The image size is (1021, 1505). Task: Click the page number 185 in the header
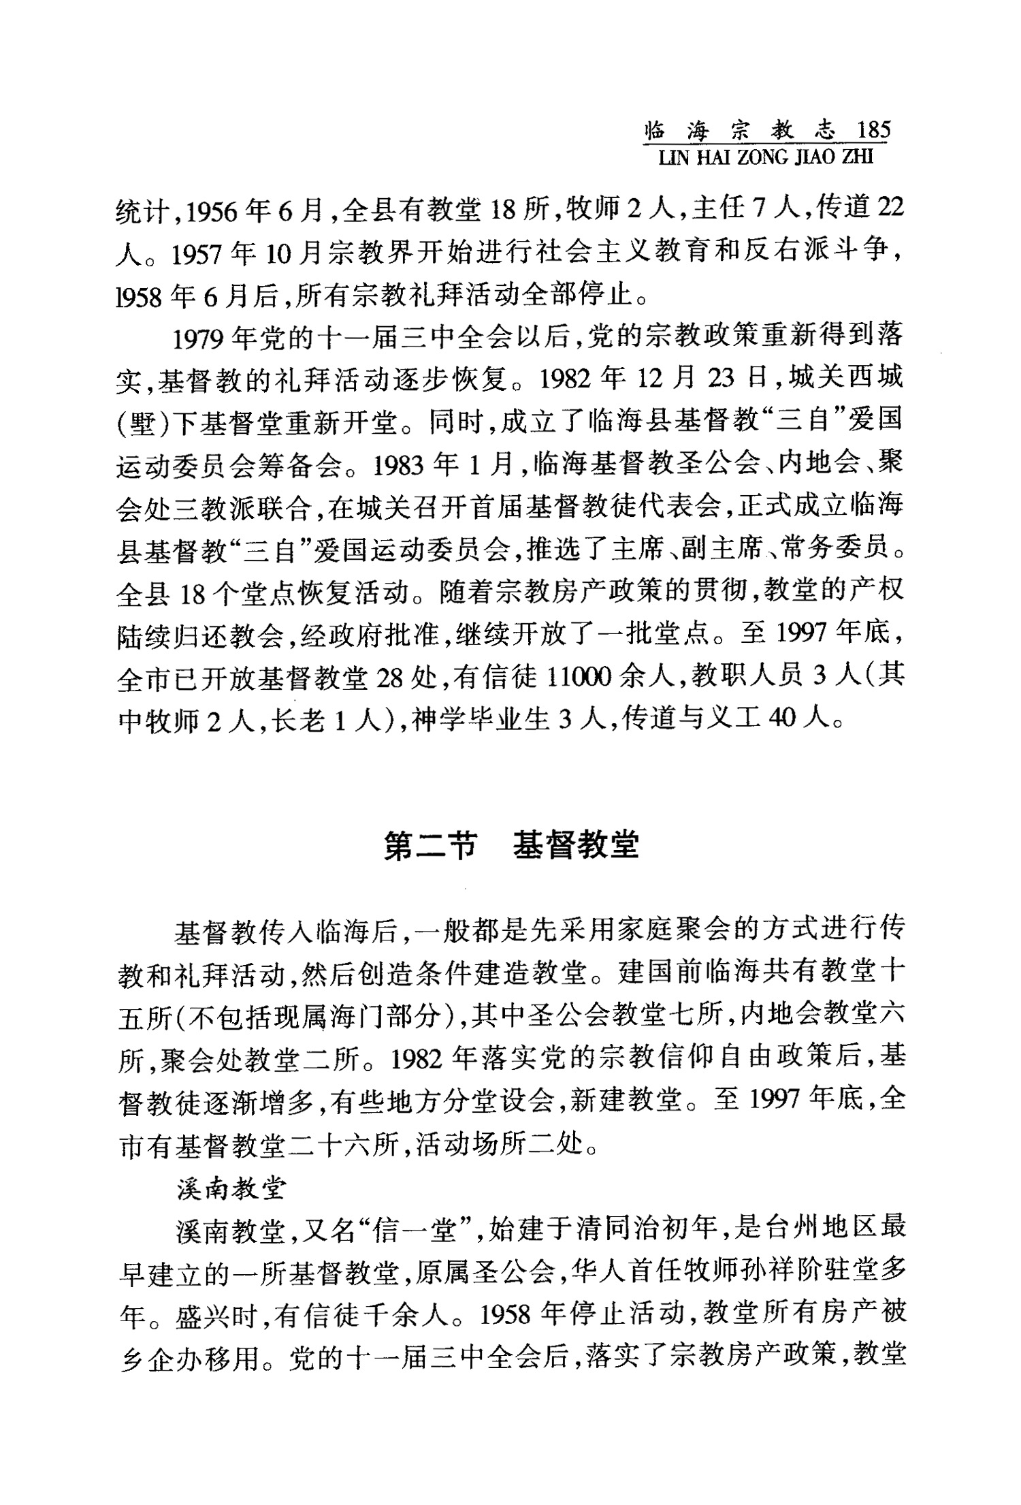[873, 129]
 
